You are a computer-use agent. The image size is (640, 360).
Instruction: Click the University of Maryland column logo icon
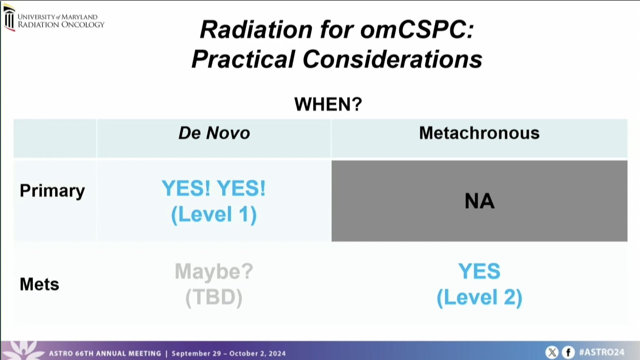[9, 18]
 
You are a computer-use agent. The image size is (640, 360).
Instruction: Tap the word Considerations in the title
[393, 59]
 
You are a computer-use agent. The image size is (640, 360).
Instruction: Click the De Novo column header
[214, 133]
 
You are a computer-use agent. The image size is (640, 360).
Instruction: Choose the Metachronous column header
[479, 133]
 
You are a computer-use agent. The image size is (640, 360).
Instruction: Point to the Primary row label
[52, 191]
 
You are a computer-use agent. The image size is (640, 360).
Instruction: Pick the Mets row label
[39, 284]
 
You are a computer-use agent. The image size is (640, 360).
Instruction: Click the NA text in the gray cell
[479, 201]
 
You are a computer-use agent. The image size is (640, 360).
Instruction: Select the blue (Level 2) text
[479, 298]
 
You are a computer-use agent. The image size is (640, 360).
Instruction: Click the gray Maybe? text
[214, 271]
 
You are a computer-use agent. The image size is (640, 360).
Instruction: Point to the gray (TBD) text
[214, 298]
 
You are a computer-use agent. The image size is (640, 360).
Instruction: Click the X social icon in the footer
[552, 352]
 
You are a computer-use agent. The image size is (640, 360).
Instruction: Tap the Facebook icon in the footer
[568, 352]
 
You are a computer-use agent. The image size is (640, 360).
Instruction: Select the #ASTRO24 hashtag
[602, 352]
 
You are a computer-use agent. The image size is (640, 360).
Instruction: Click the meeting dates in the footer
[229, 354]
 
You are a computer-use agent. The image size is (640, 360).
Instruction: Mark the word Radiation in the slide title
[256, 30]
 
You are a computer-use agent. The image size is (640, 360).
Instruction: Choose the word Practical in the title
[243, 59]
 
